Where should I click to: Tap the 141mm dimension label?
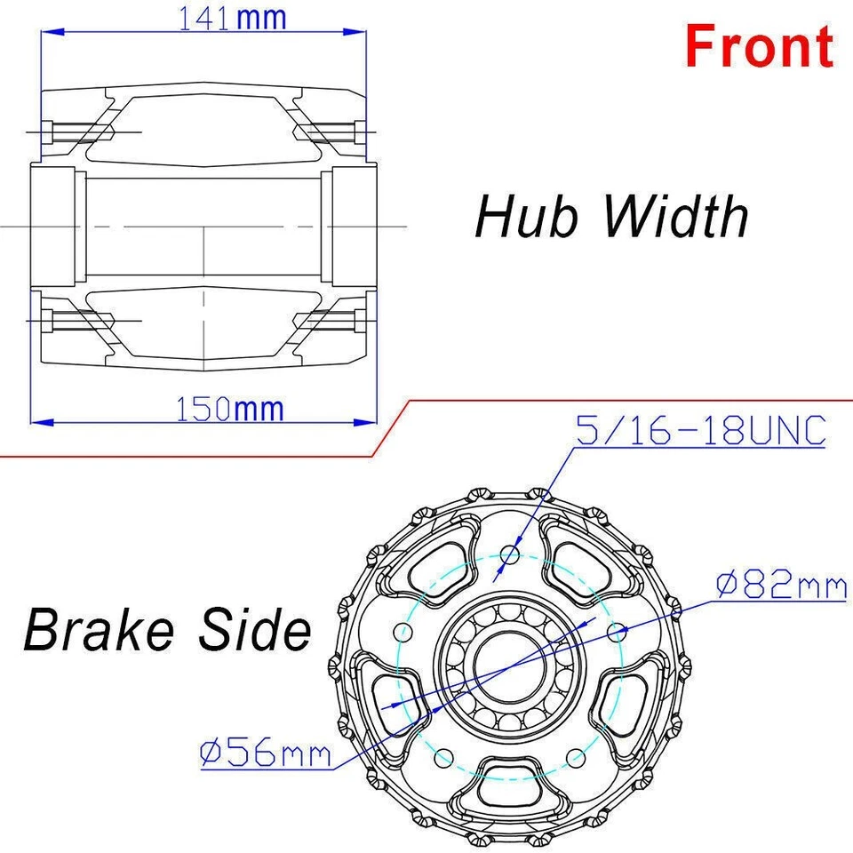tap(233, 18)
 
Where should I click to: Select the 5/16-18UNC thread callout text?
tap(702, 431)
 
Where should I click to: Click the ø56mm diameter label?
tap(265, 754)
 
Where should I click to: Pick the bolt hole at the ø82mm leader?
tap(619, 630)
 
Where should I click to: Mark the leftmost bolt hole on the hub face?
tap(403, 632)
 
